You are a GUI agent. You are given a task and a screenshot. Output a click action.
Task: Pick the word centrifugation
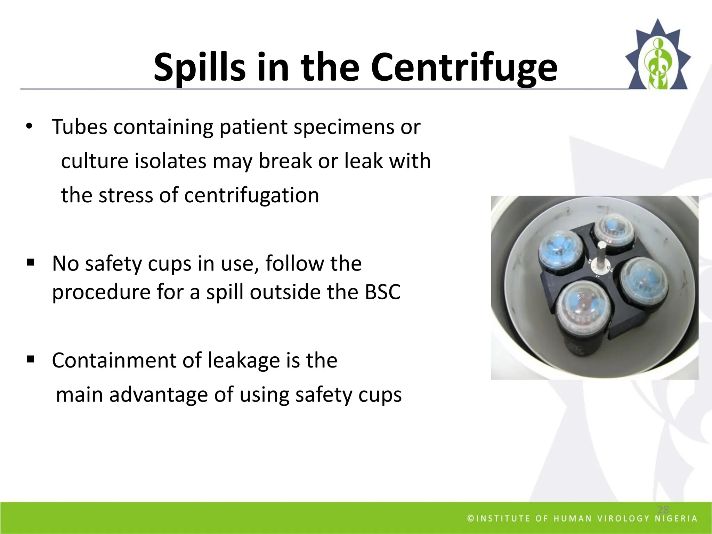[251, 195]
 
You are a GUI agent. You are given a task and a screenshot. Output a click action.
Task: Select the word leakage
[244, 361]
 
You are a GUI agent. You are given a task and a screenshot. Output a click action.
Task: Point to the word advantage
[158, 395]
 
